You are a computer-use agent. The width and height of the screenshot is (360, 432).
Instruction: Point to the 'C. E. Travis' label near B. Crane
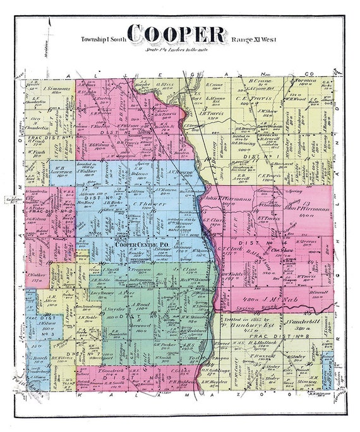(x=256, y=99)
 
